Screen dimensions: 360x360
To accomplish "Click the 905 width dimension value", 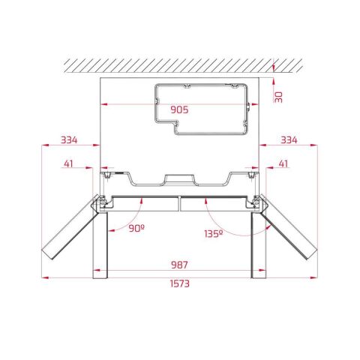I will click(x=178, y=109).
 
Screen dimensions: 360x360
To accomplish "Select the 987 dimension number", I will click(x=178, y=264).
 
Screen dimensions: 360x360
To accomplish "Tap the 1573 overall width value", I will click(x=178, y=283).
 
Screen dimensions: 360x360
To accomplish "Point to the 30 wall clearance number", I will click(x=279, y=95).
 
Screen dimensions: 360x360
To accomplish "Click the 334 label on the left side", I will click(x=69, y=139).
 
